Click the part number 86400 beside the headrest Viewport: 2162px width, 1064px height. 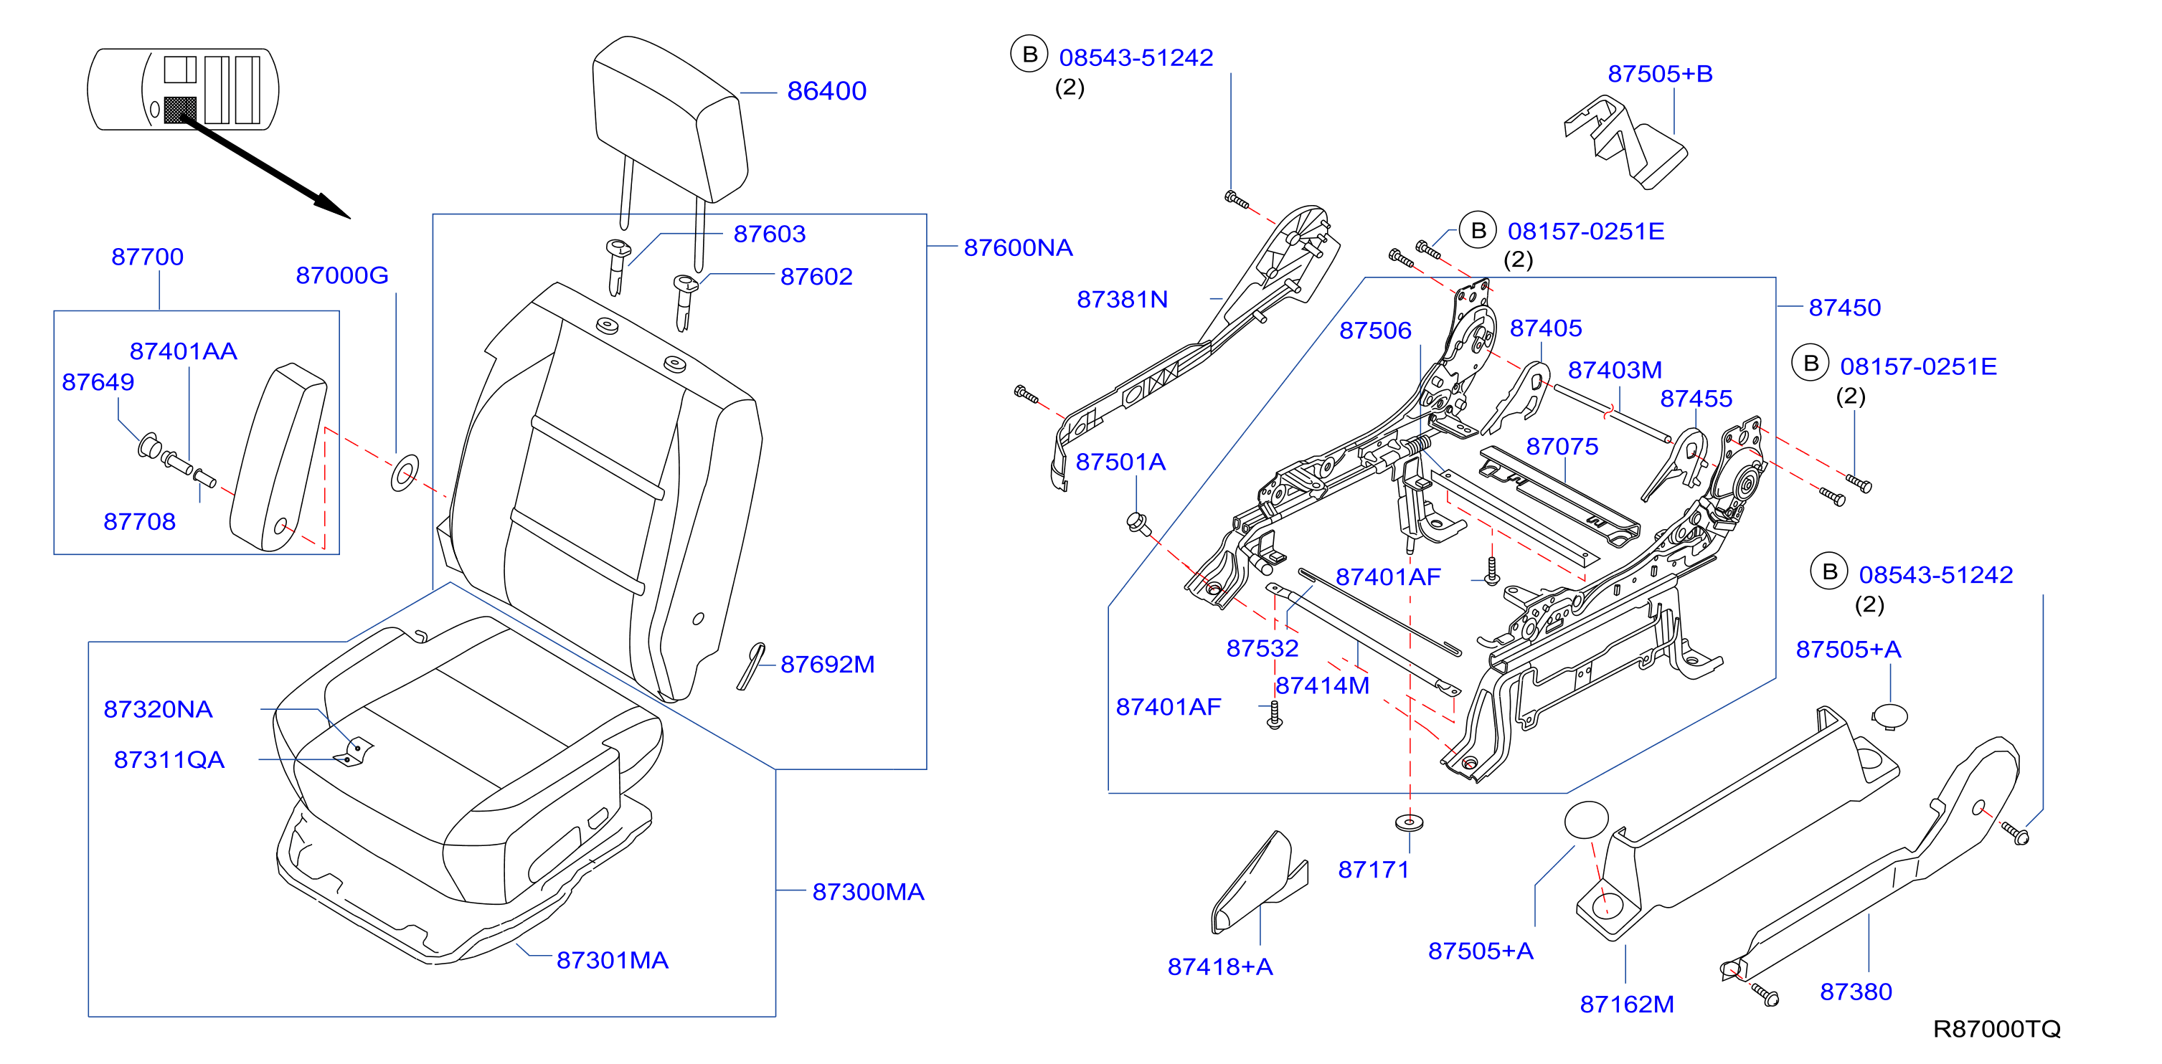tap(826, 90)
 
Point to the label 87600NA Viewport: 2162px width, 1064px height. tap(1017, 247)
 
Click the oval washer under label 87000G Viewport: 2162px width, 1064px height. tap(405, 473)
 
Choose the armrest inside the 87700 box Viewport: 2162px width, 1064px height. tap(278, 457)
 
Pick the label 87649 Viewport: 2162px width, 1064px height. tap(98, 382)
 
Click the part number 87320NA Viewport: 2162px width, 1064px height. tap(158, 709)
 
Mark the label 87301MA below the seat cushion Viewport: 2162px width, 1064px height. tap(612, 960)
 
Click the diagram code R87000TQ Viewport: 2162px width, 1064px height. tap(1997, 1029)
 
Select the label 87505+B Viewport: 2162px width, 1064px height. tap(1659, 74)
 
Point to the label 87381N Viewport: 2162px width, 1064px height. tap(1122, 300)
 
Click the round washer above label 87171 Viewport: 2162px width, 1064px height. tap(1409, 822)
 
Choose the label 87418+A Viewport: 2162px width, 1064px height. tap(1219, 966)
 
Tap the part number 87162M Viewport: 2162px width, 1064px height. tap(1627, 1004)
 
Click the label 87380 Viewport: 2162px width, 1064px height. tap(1856, 992)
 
